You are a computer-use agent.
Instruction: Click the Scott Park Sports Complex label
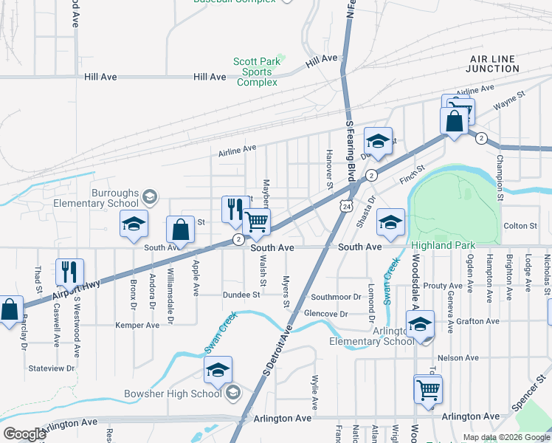pos(257,72)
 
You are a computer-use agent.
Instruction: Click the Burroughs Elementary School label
pos(115,198)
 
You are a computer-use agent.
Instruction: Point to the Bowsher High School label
pos(181,393)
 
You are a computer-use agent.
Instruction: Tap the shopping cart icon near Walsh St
pos(256,222)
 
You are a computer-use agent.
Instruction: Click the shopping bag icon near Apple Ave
pos(180,230)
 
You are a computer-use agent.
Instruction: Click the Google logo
pos(24,434)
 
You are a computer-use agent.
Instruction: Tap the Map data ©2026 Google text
pos(506,437)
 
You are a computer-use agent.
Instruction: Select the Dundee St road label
pos(242,294)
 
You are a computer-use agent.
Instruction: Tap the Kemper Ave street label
pos(137,325)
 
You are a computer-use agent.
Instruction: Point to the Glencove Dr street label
pos(326,314)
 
